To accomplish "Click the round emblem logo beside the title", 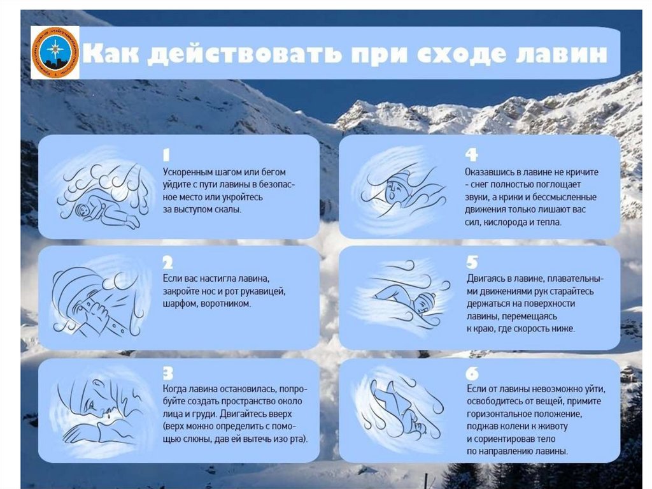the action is [x=55, y=52].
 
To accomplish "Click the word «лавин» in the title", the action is [x=562, y=54].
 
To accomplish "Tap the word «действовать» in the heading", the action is [x=244, y=54].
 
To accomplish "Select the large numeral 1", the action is [x=166, y=155].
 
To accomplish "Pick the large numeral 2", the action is [x=167, y=263].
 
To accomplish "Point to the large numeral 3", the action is [x=167, y=373].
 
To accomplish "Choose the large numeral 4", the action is [x=471, y=154].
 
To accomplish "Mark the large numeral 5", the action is [x=472, y=262].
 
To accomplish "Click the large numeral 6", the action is [x=472, y=373].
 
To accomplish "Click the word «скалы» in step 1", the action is [x=228, y=209].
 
